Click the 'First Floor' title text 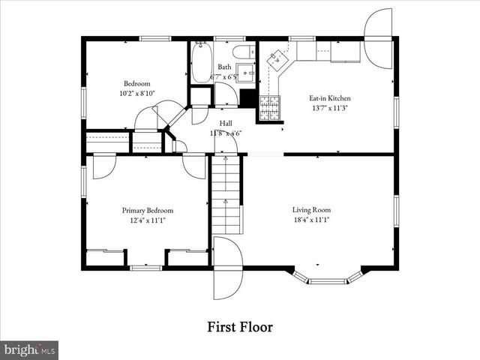coord(239,327)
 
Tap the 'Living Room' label coord(311,210)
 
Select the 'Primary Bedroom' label coord(148,211)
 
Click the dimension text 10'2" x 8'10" coord(137,94)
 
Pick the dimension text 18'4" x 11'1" coord(311,220)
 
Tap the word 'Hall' coord(226,122)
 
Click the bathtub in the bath coord(201,63)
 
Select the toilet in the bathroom coord(242,52)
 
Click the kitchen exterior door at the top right coord(379,26)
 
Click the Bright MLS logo coord(30,349)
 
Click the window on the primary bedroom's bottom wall coord(146,268)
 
